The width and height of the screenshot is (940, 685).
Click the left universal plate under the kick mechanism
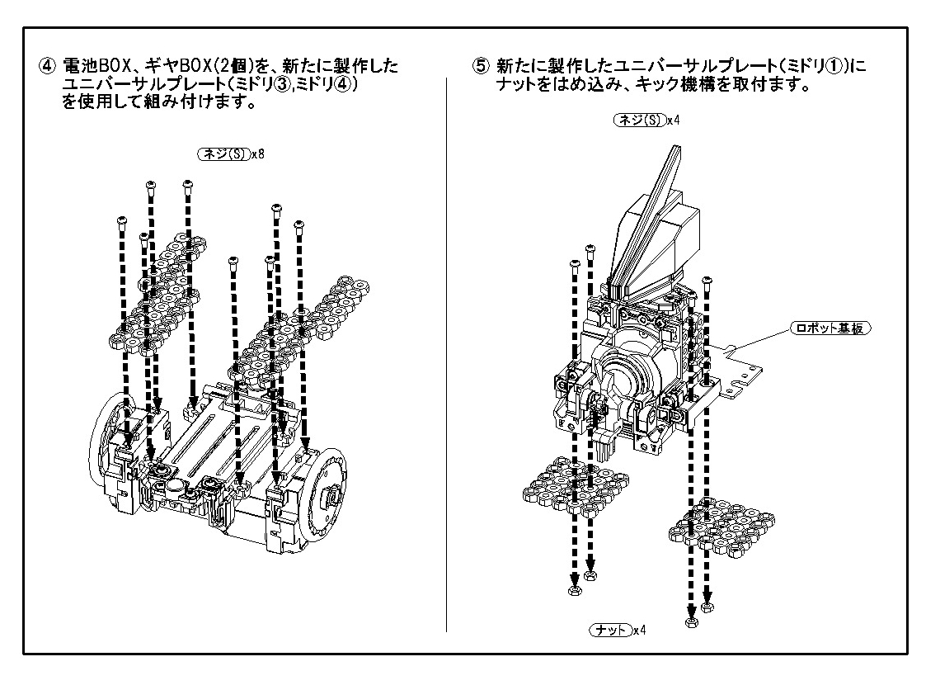point(576,489)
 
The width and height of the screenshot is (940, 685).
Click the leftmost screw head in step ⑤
point(573,264)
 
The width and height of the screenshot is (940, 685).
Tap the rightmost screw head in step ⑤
point(707,281)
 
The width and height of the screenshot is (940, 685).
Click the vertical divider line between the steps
point(446,355)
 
